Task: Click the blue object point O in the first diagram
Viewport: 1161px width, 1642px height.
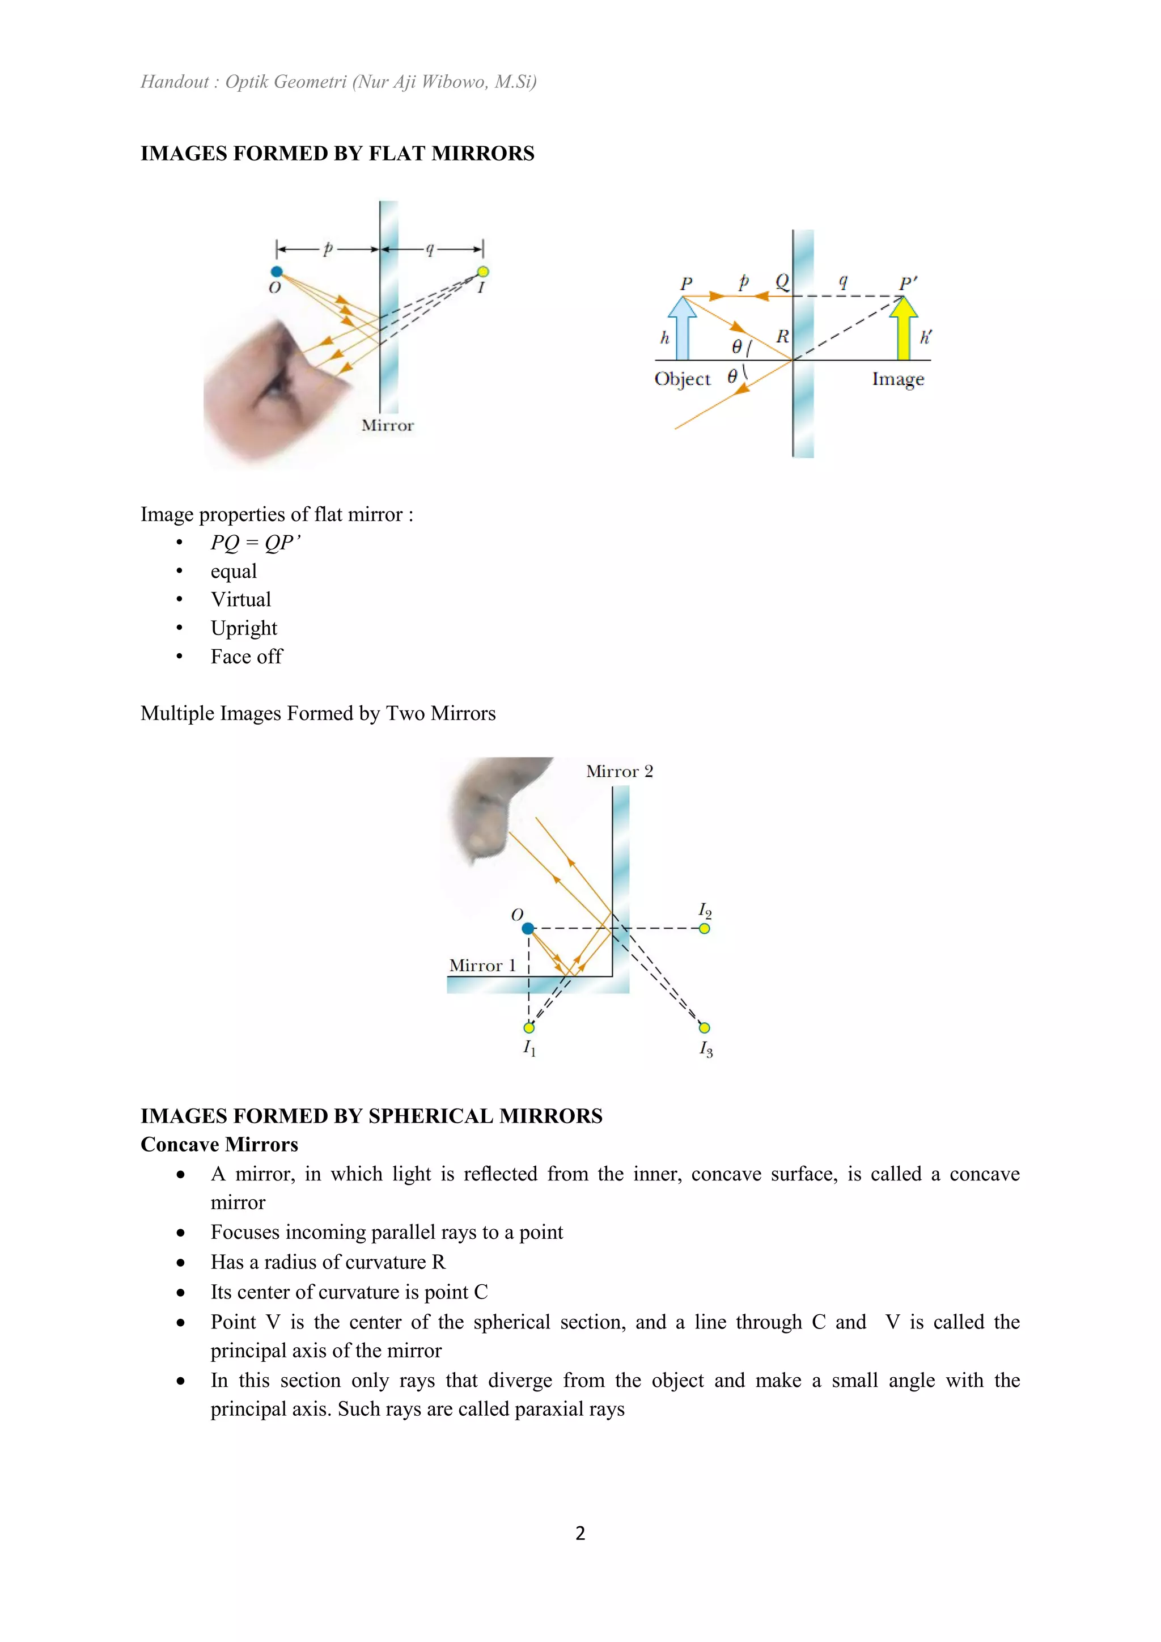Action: [277, 272]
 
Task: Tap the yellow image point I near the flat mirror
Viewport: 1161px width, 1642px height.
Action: [483, 272]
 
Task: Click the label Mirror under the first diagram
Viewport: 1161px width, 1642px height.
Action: [388, 425]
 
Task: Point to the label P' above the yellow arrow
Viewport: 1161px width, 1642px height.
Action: [908, 283]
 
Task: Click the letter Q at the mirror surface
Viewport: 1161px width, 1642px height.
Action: [782, 282]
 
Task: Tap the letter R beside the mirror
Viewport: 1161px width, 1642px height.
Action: [783, 336]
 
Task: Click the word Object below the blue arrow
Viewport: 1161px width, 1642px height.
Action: [683, 379]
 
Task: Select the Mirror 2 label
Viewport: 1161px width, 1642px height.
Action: [619, 772]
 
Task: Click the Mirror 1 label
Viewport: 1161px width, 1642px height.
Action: [482, 966]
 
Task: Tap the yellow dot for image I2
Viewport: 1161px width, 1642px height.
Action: [704, 928]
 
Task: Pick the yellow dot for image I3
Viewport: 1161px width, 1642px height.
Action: [704, 1028]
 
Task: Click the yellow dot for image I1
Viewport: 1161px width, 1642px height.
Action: [528, 1028]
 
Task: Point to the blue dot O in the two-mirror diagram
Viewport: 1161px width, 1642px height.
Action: [528, 928]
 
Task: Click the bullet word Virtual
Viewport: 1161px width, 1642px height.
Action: [241, 599]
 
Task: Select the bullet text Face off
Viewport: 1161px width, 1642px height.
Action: [246, 657]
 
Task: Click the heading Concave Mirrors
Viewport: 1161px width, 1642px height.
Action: [219, 1144]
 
